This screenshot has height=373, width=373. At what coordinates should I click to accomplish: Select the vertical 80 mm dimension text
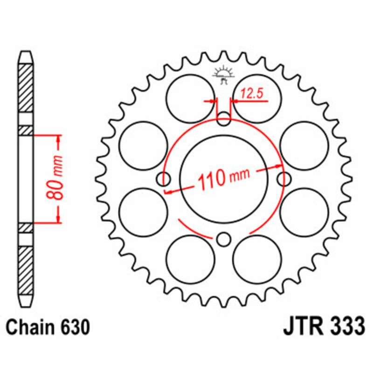click(x=55, y=179)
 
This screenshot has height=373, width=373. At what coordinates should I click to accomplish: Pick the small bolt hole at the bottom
click(x=224, y=239)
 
